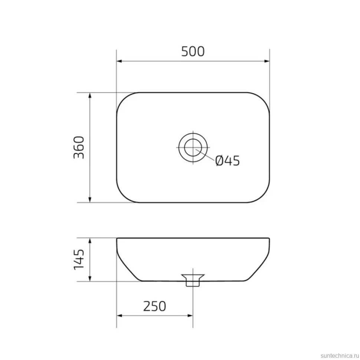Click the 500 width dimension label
coord(193,52)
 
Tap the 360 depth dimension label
coord(79,147)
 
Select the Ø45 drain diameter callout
coord(228,160)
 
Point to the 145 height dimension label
coord(79,259)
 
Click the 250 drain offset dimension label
coord(154,306)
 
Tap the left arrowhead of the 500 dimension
coord(120,61)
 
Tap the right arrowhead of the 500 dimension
coord(267,61)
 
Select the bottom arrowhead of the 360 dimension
coord(90,200)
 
